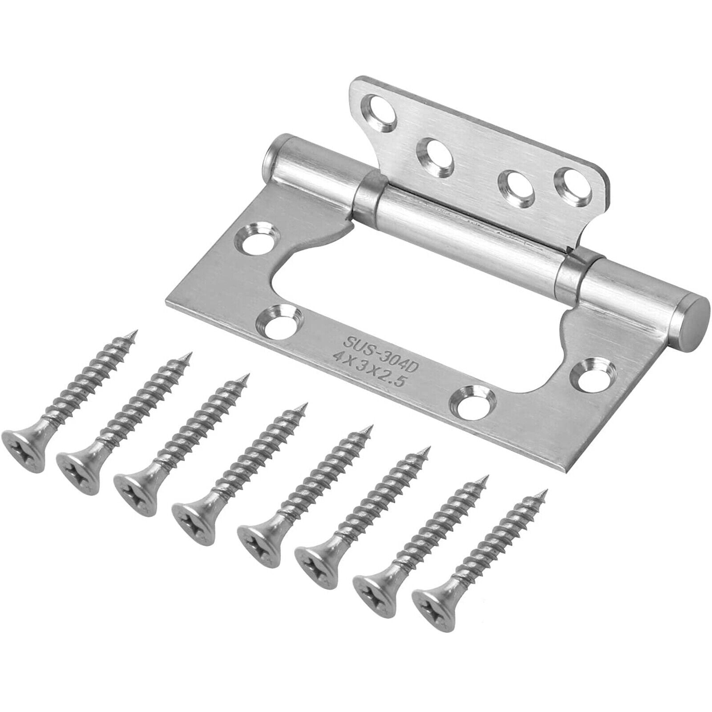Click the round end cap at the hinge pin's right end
click(x=693, y=318)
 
